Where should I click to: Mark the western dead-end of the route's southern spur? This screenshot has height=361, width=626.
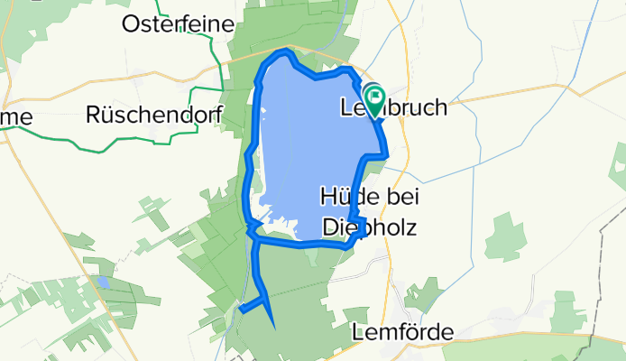point(241,310)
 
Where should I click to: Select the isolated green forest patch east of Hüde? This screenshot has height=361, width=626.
point(503,236)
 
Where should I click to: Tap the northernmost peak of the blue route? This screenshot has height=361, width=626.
point(287,52)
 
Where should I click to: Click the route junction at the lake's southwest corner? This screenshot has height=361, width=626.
point(255,241)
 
